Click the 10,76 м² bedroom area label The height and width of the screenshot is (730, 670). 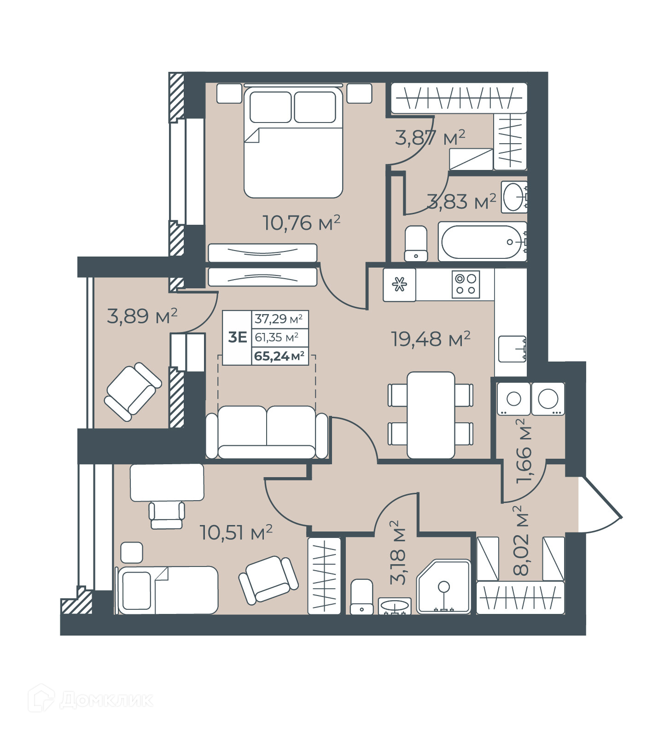click(302, 223)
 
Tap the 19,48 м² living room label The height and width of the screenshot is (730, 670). click(431, 339)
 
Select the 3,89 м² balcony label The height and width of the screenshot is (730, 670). click(142, 316)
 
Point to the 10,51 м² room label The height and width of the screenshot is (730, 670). click(236, 532)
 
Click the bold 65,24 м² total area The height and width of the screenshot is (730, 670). click(280, 356)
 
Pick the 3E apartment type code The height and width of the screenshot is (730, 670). click(238, 337)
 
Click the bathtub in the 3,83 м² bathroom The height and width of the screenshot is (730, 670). click(482, 241)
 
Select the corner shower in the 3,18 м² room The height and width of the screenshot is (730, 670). click(444, 587)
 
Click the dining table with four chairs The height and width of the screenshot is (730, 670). click(431, 415)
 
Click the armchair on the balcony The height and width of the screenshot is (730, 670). click(133, 391)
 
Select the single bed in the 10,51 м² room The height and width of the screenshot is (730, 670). click(168, 590)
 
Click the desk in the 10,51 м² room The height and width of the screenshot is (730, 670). click(167, 483)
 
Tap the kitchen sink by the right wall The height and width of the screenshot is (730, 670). click(512, 349)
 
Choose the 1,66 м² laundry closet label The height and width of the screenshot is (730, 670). click(524, 451)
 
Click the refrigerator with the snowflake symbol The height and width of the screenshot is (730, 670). click(399, 285)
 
